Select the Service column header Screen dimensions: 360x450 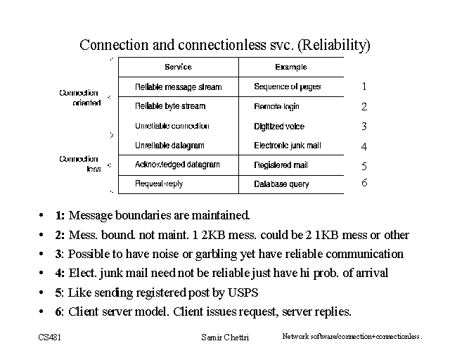(x=178, y=67)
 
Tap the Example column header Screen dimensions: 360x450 (x=291, y=67)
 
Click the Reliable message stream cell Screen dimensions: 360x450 (x=178, y=87)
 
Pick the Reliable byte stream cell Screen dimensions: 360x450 (x=170, y=106)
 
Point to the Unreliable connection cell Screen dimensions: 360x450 (x=172, y=126)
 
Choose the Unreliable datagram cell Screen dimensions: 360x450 (x=169, y=146)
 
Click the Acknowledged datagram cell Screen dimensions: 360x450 (x=177, y=165)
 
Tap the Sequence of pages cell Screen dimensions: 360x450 (x=288, y=86)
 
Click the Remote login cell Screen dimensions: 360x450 (x=276, y=106)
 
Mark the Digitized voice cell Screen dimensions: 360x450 (x=279, y=127)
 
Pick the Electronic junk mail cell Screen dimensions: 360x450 (x=288, y=146)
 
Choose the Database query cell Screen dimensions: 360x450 (x=281, y=184)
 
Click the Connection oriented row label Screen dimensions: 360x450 (x=79, y=98)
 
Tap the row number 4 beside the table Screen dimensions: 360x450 (x=364, y=147)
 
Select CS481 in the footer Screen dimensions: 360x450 (x=50, y=337)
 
